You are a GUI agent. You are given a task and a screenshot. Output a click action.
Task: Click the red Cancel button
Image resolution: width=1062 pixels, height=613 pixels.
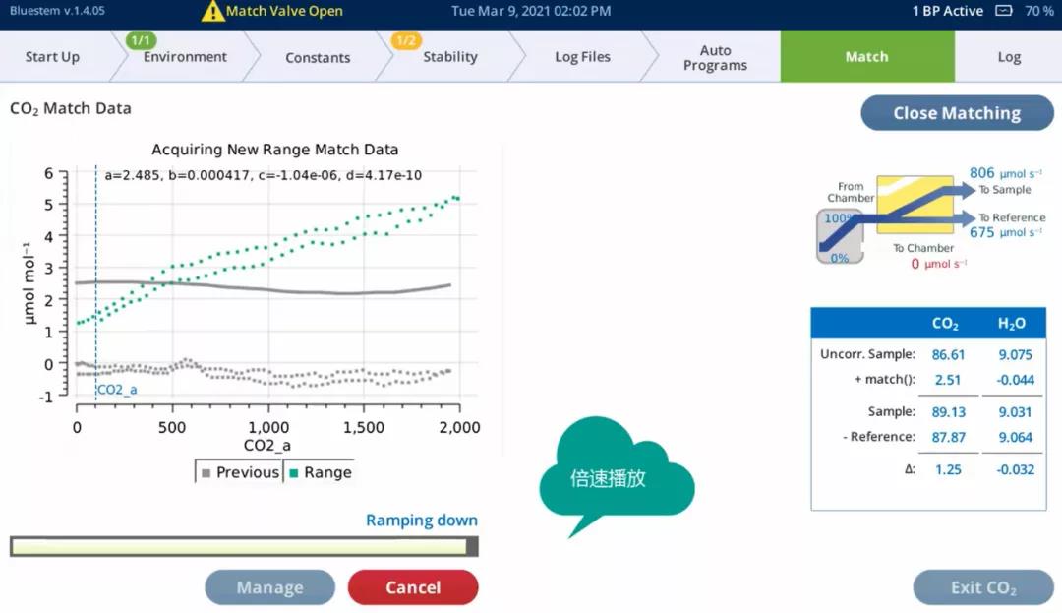tap(413, 587)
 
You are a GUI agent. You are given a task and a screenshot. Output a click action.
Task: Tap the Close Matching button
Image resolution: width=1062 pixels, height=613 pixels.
tap(957, 113)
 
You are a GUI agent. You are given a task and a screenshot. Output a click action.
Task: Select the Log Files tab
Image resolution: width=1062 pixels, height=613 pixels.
tap(582, 57)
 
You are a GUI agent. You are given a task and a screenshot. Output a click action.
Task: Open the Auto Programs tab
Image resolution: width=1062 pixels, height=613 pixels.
tap(715, 58)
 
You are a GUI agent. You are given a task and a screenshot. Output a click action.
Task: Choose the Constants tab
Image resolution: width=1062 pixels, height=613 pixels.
tap(318, 58)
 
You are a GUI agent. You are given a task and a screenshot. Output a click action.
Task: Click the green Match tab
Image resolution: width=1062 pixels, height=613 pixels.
tap(867, 57)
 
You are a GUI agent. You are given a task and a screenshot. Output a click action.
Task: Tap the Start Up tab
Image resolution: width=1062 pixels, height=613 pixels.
tap(52, 57)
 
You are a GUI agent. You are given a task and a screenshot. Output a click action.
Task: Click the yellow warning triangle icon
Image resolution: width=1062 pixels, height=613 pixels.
tap(212, 11)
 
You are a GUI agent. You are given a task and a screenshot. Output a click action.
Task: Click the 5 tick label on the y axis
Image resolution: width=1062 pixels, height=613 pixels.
tap(49, 205)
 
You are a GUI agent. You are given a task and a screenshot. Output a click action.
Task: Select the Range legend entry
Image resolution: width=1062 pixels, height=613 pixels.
tap(321, 473)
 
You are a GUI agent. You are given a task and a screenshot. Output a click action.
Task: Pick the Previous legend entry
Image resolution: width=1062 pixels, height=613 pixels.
tap(241, 473)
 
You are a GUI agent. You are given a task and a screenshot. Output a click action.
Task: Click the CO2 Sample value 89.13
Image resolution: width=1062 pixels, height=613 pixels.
tap(948, 412)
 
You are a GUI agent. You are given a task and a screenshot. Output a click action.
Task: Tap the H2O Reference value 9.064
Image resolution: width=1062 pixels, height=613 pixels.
tap(1015, 438)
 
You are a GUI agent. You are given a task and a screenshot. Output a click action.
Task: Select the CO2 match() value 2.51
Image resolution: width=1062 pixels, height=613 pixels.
tap(948, 380)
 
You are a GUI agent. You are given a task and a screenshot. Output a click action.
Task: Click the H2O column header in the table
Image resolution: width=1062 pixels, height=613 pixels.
tap(1011, 324)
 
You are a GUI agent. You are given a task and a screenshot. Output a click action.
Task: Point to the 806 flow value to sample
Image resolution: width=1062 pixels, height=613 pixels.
tap(981, 173)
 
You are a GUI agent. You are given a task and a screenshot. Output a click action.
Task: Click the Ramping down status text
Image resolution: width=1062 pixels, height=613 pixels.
tap(421, 521)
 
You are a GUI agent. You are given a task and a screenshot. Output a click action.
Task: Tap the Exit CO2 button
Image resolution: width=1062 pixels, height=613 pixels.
tap(983, 587)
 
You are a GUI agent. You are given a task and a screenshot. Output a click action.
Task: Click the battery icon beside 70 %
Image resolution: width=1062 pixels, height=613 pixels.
tap(1004, 11)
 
